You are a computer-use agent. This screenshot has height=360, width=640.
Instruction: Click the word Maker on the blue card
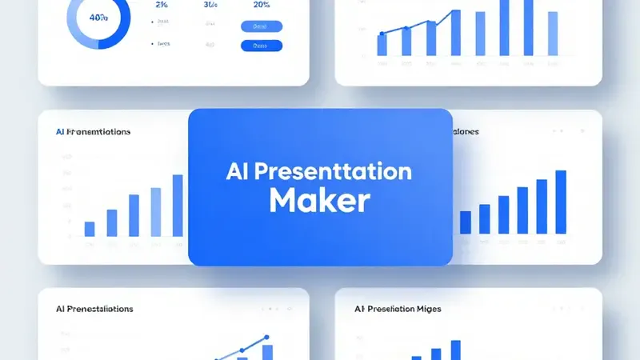pyautogui.click(x=320, y=200)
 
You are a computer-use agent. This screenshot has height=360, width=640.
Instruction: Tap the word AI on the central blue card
pyautogui.click(x=240, y=171)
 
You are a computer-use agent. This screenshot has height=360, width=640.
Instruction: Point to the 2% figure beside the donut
pyautogui.click(x=161, y=5)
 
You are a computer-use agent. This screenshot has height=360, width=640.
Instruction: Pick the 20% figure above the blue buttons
pyautogui.click(x=262, y=5)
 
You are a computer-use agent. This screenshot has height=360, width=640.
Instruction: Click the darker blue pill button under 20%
pyautogui.click(x=262, y=46)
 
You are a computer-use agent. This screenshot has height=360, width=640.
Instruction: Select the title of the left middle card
pyautogui.click(x=94, y=132)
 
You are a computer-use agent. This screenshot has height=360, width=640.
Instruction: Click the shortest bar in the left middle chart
pyautogui.click(x=90, y=229)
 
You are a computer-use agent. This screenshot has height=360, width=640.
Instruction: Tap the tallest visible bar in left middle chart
pyautogui.click(x=178, y=205)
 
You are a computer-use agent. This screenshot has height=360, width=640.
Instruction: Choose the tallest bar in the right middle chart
pyautogui.click(x=561, y=202)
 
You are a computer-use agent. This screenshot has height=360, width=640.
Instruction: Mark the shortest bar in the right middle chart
pyautogui.click(x=466, y=222)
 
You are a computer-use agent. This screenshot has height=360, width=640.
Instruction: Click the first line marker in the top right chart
pyautogui.click(x=382, y=34)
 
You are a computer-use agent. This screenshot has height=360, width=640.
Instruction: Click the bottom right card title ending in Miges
pyautogui.click(x=398, y=308)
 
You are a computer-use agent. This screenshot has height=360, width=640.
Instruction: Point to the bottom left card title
pyautogui.click(x=94, y=308)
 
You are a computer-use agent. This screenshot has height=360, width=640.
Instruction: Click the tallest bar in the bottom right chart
pyautogui.click(x=455, y=350)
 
